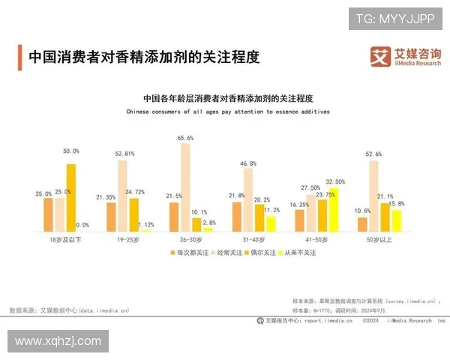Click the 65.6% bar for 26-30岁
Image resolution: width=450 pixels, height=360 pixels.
tap(185, 187)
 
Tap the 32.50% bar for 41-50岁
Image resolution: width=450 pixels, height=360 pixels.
tap(333, 209)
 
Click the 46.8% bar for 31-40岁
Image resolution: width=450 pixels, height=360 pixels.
tap(248, 199)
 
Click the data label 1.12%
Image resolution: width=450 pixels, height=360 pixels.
tap(147, 223)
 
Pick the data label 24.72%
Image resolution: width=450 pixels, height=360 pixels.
tap(135, 192)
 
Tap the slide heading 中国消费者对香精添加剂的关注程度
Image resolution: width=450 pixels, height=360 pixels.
tap(142, 56)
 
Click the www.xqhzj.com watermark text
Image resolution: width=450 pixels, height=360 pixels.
tap(58, 341)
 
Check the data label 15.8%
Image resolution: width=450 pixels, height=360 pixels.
tap(397, 204)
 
